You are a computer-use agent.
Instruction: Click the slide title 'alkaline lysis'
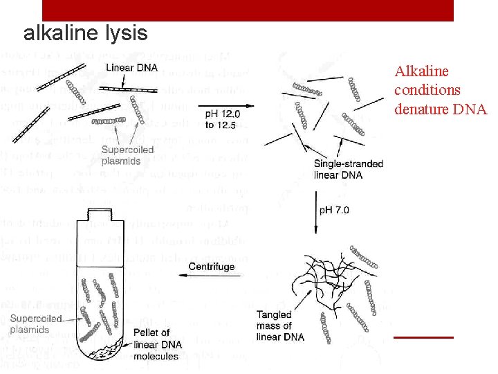pyautogui.click(x=85, y=33)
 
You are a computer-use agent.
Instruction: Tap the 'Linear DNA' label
pyautogui.click(x=131, y=67)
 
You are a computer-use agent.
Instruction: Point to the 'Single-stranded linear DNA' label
pyautogui.click(x=348, y=170)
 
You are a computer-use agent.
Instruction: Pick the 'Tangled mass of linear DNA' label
pyautogui.click(x=279, y=326)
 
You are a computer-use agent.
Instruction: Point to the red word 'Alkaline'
pyautogui.click(x=421, y=71)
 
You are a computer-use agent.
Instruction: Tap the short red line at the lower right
pyautogui.click(x=423, y=337)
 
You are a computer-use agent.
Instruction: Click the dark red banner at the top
pyautogui.click(x=248, y=10)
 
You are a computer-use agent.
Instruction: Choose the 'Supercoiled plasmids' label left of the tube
pyautogui.click(x=35, y=324)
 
